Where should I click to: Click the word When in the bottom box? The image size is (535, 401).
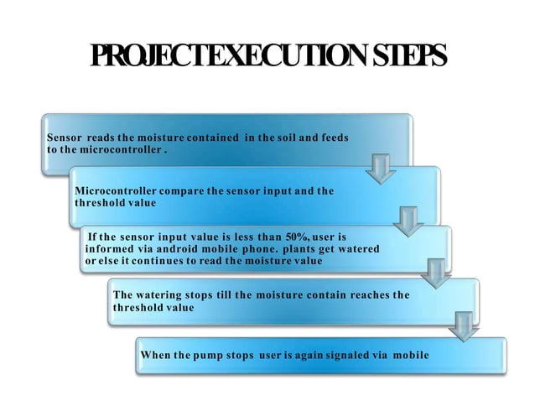(156, 355)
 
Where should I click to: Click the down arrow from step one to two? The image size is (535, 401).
(382, 169)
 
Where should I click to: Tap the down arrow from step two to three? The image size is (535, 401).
(409, 222)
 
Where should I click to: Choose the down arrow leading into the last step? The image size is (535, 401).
(463, 324)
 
